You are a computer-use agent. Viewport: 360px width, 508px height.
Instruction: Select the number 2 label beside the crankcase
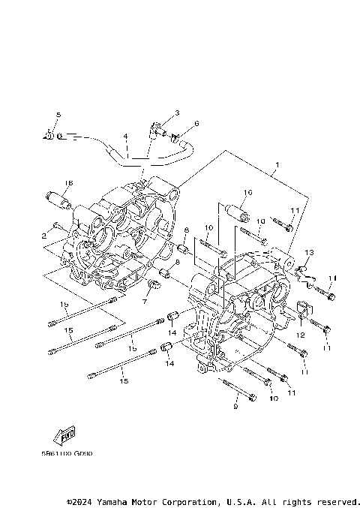coord(45,236)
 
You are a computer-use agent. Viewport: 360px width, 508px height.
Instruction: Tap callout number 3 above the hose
coord(177,113)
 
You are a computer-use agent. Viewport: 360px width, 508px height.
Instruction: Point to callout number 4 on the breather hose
coord(126,137)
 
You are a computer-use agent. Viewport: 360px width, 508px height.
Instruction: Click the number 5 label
coord(57,114)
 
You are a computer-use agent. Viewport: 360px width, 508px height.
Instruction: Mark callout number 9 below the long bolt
coord(235,407)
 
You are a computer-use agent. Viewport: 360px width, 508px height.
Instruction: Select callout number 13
coord(309,252)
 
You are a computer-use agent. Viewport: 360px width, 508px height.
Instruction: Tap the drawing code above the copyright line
coord(62,453)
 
